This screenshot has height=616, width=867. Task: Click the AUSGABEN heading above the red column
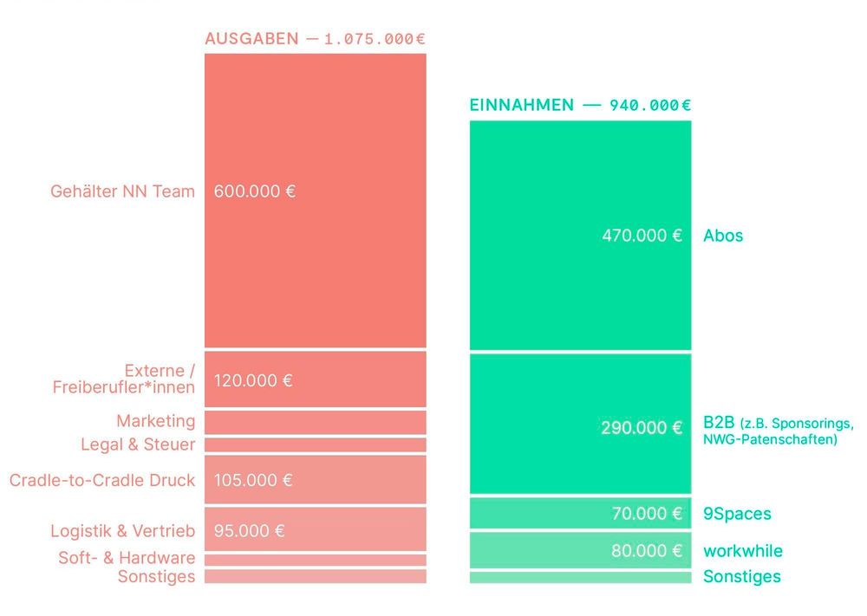[x=251, y=39]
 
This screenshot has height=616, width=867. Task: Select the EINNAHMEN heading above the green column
[x=521, y=105]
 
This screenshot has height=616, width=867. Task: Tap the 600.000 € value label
[x=254, y=191]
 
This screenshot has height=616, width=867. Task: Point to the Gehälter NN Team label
[x=122, y=191]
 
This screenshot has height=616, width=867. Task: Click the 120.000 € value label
[x=252, y=380]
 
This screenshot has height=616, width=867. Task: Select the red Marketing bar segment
[x=316, y=422]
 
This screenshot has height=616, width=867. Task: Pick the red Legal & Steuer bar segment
[x=316, y=444]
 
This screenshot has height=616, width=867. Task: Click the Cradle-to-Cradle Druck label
[x=102, y=480]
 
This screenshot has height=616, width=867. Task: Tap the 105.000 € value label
[x=252, y=480]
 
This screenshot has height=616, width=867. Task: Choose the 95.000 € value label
[x=249, y=531]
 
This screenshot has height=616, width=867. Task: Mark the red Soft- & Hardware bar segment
[x=316, y=559]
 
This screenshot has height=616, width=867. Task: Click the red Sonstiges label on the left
[x=156, y=577]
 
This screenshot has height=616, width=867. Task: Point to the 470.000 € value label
[x=642, y=236]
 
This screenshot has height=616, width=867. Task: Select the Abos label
[x=723, y=236]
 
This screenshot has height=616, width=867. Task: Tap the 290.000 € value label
[x=642, y=428]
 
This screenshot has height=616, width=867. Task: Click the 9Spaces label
[x=736, y=514]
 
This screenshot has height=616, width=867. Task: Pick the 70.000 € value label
[x=647, y=514]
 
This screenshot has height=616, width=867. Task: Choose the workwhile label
[x=742, y=551]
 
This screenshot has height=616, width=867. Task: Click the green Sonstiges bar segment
[x=580, y=577]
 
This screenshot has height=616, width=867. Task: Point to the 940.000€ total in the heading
[x=650, y=105]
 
